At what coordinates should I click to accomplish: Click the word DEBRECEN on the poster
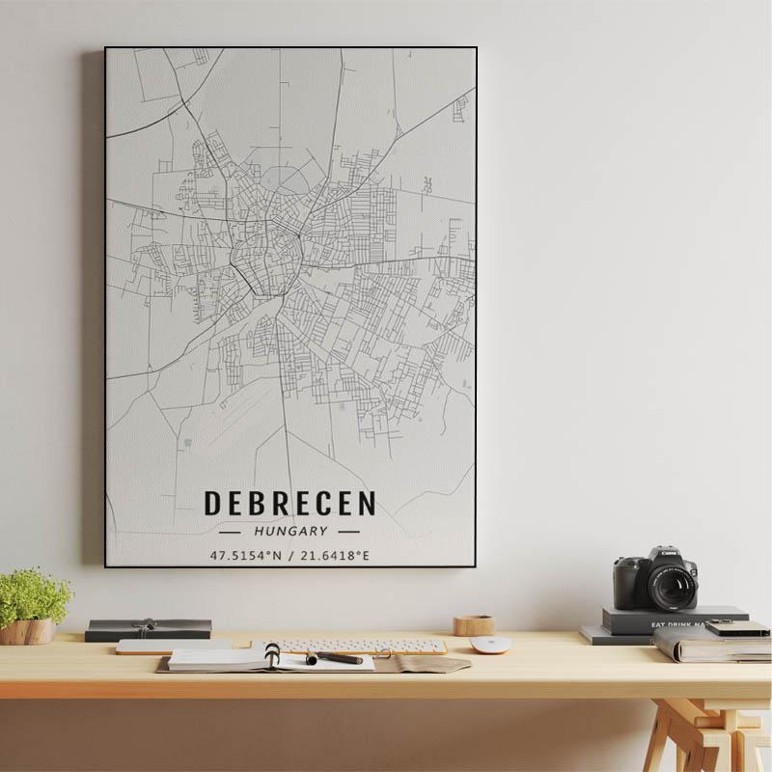(x=289, y=504)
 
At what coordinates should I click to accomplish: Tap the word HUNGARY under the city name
(x=290, y=531)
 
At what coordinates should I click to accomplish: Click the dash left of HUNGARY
(x=231, y=532)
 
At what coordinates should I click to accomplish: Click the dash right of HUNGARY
(x=348, y=532)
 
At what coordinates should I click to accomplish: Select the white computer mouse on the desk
(x=490, y=645)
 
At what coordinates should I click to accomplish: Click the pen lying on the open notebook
(x=335, y=658)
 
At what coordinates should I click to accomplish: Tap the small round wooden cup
(x=474, y=625)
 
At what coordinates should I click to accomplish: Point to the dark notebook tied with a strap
(x=148, y=629)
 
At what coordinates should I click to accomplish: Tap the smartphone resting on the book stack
(x=736, y=628)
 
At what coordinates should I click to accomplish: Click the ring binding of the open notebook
(x=272, y=655)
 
